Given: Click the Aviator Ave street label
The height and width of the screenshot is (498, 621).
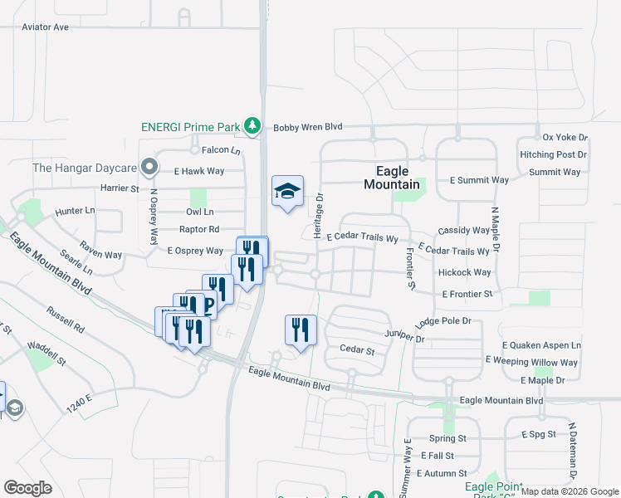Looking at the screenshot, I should click(45, 27).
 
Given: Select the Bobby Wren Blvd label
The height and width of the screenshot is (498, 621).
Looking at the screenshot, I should click(308, 127).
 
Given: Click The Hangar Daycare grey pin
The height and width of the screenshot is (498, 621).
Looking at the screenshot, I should click(149, 168).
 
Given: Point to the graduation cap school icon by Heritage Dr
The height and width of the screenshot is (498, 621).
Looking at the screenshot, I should click(287, 191).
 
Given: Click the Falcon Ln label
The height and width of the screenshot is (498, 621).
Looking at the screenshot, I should click(220, 151).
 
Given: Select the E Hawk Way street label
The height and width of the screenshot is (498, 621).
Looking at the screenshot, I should click(198, 171).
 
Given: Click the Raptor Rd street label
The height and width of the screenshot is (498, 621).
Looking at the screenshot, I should click(199, 229).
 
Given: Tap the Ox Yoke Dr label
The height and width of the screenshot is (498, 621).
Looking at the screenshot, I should click(565, 137).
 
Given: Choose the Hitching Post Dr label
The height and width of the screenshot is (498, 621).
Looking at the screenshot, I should click(553, 154).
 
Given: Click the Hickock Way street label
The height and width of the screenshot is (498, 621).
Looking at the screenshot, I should click(464, 272).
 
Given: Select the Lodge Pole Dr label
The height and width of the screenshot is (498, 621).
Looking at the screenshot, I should click(443, 320).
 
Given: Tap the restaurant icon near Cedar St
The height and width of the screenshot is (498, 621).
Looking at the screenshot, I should click(300, 329).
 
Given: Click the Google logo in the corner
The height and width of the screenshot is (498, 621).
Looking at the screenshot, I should click(27, 487).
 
